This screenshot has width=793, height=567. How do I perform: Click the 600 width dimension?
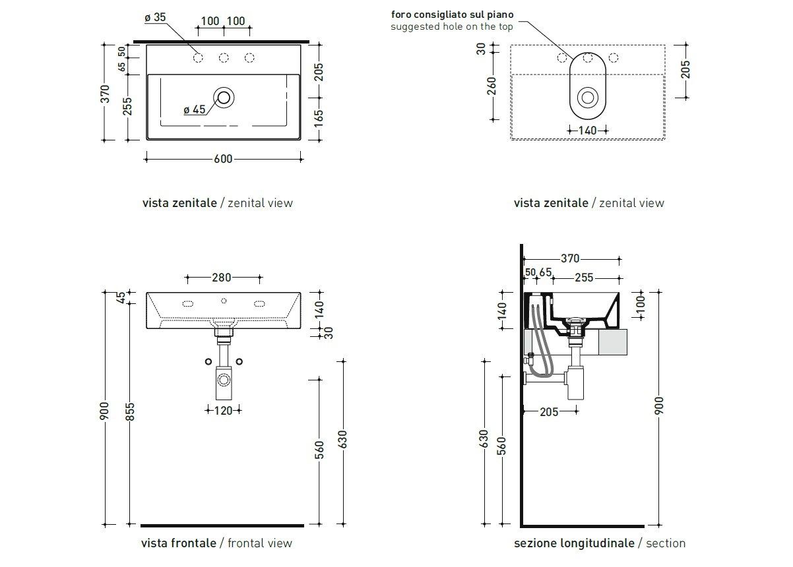coord(223,159)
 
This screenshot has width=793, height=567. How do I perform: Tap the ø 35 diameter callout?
coord(155,18)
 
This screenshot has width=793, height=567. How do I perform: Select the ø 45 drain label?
coord(194,109)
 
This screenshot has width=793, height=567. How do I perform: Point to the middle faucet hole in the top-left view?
coord(224,58)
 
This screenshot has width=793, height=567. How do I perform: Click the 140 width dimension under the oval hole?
coord(587,131)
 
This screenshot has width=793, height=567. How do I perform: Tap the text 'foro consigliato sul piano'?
coord(452,14)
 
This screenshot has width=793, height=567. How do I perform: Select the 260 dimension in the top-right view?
coord(492,85)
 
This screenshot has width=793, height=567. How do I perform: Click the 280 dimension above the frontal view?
coord(221,278)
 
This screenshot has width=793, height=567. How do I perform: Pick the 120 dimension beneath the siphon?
coord(222,410)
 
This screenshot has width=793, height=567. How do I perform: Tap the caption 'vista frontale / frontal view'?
coord(216,543)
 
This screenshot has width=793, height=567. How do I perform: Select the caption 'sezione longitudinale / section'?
coord(600,543)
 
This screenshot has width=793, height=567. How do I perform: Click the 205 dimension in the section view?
coord(549,412)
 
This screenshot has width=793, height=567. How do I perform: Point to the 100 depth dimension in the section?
coord(641,304)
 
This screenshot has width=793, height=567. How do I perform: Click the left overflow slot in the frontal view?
coord(187,304)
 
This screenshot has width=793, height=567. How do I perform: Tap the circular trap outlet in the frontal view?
coord(224,380)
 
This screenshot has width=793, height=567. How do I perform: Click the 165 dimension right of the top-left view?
coord(319,118)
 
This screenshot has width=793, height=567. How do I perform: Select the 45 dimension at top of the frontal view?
coord(120,297)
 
